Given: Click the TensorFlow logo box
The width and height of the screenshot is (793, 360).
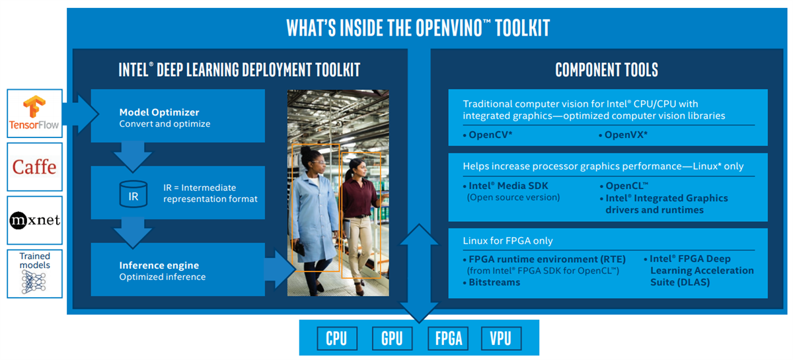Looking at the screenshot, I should click(35, 113).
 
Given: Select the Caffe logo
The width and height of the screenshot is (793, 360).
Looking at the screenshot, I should click(34, 166).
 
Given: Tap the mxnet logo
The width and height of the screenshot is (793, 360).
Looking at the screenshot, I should click(34, 219).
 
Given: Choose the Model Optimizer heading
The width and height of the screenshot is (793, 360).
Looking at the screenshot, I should click(159, 112).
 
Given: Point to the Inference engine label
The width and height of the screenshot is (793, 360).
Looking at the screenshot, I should click(159, 266).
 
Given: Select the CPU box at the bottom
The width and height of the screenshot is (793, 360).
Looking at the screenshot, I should click(336, 338).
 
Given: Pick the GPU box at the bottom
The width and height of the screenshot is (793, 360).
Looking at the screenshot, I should click(392, 338).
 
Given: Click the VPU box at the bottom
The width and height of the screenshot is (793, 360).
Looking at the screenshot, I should click(500, 338).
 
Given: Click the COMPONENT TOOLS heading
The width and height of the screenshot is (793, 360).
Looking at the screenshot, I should click(606, 69).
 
